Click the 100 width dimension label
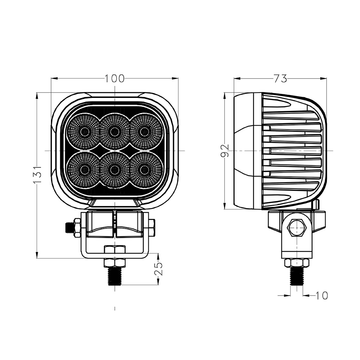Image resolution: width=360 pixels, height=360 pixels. [114, 78]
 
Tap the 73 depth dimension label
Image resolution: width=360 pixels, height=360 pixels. [280, 78]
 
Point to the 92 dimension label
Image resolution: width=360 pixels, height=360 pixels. [225, 150]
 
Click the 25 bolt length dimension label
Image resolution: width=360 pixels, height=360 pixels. [158, 269]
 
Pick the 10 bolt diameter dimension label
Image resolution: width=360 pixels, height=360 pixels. [321, 296]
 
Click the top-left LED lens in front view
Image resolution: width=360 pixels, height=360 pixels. [84, 131]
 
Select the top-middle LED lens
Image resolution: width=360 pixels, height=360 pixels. [114, 131]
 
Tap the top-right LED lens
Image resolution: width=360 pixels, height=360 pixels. [145, 131]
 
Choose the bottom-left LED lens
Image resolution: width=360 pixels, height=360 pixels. [84, 170]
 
